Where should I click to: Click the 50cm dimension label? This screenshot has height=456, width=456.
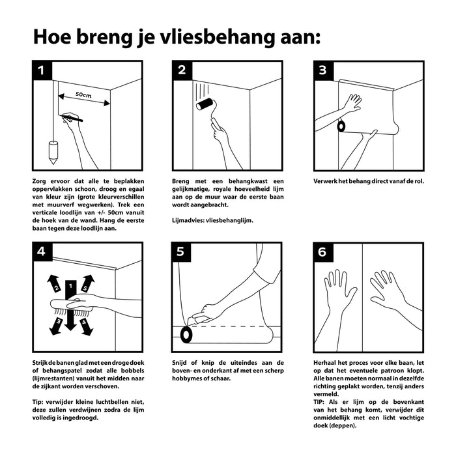coord(83,94)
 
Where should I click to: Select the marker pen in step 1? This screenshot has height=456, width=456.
coord(73,119)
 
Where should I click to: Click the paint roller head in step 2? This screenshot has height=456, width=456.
coord(207,104)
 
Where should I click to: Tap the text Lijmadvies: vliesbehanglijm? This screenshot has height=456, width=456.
coord(213,220)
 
